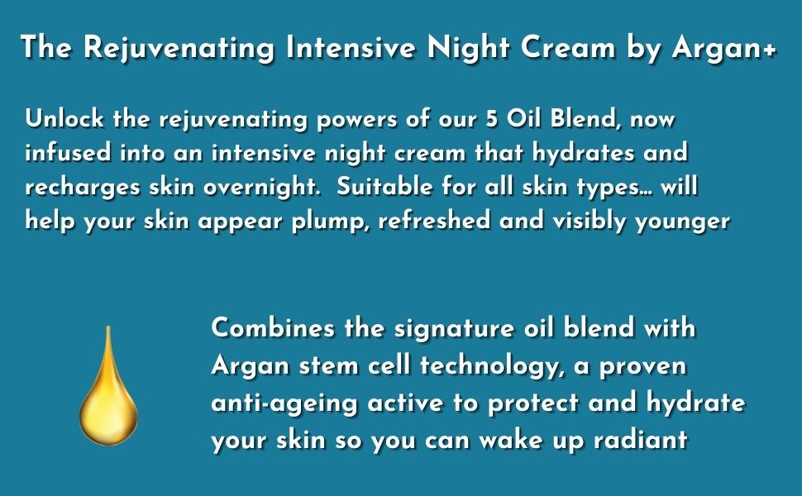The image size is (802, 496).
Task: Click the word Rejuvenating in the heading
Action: (179, 49)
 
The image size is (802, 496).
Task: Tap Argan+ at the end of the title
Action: (724, 49)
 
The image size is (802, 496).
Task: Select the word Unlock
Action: (64, 118)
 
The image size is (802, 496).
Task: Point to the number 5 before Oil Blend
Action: (491, 119)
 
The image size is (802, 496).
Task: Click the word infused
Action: (68, 152)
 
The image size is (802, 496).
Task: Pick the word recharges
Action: (83, 188)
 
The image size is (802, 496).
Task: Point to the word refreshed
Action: (434, 220)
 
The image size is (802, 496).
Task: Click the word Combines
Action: (273, 327)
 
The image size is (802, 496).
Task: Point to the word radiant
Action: (641, 440)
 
